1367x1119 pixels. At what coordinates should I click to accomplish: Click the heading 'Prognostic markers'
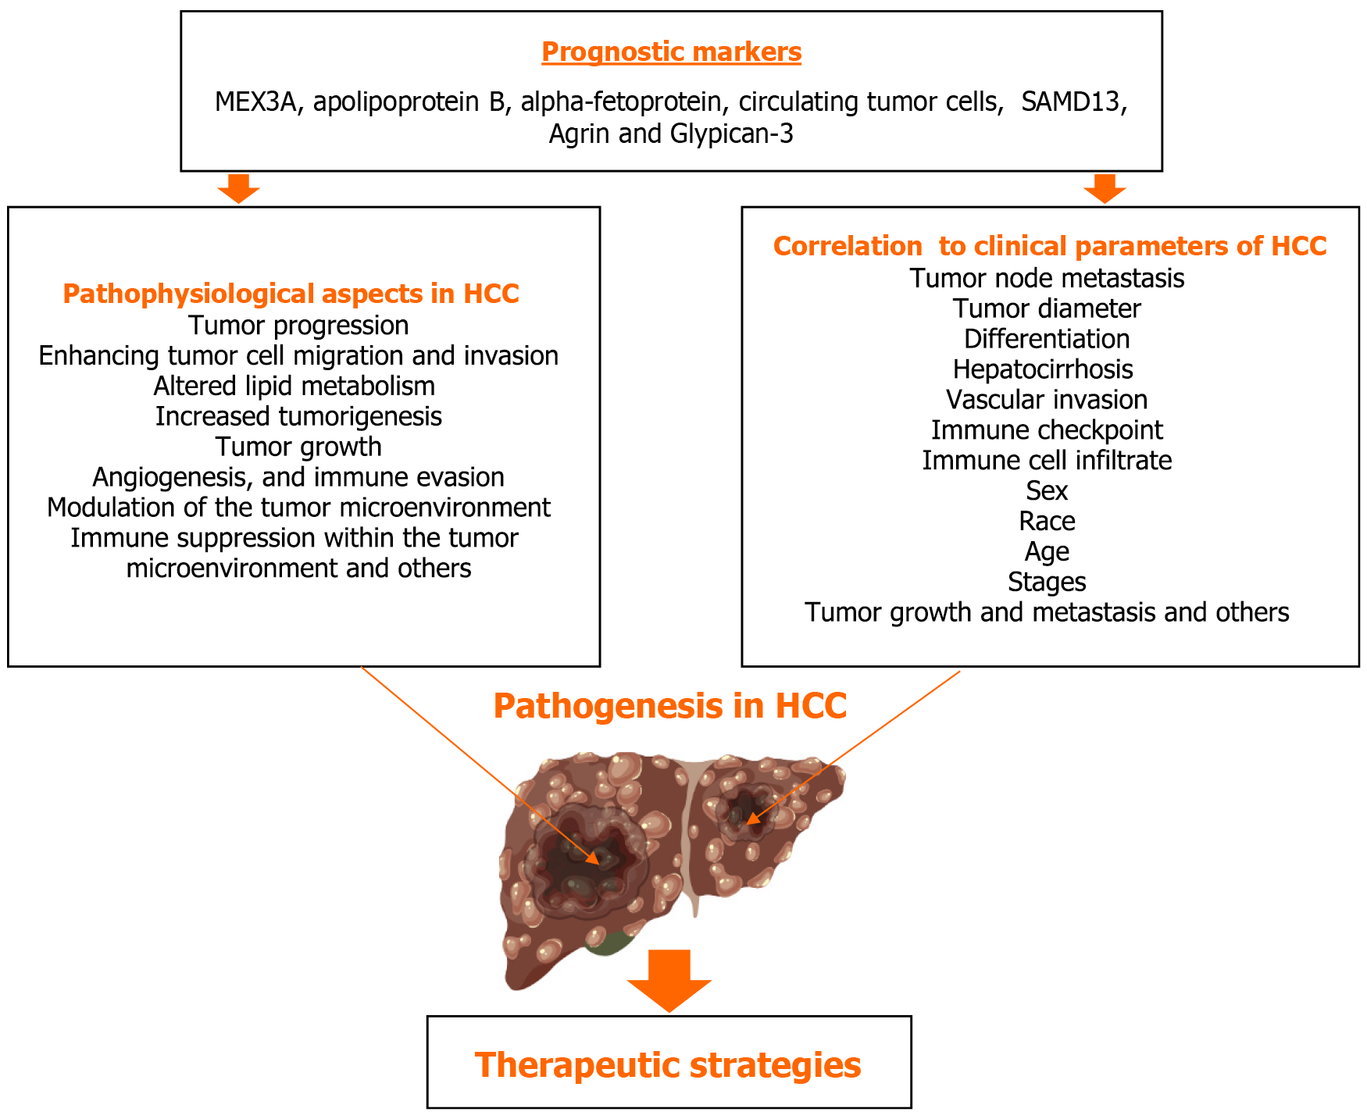point(671,52)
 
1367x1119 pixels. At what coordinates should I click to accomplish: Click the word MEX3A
point(255,102)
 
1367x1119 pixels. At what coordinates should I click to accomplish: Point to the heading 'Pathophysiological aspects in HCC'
point(291,294)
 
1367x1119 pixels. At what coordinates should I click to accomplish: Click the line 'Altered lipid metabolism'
point(294,386)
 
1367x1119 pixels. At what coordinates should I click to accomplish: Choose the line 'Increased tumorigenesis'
point(298,416)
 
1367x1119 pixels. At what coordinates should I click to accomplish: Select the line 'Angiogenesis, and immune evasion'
point(298,477)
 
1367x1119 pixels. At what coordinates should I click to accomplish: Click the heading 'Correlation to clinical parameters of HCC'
point(1049,246)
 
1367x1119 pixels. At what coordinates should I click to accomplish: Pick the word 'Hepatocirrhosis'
point(1043,369)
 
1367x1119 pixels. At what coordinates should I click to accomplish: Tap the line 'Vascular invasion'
point(1047,400)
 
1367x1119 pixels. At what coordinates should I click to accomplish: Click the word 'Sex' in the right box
point(1047,491)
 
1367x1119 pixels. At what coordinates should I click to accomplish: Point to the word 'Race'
point(1047,522)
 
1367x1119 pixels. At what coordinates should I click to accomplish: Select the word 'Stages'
point(1047,583)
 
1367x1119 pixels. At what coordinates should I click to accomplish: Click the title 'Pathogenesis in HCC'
point(669,706)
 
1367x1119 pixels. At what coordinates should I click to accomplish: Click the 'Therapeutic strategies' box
point(669,1064)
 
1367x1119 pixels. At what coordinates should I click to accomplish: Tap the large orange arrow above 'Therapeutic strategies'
point(669,981)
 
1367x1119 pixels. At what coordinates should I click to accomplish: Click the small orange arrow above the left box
point(238,188)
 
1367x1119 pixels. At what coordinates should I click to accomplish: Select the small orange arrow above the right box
point(1105,188)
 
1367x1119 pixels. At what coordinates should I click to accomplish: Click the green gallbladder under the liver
point(610,943)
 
